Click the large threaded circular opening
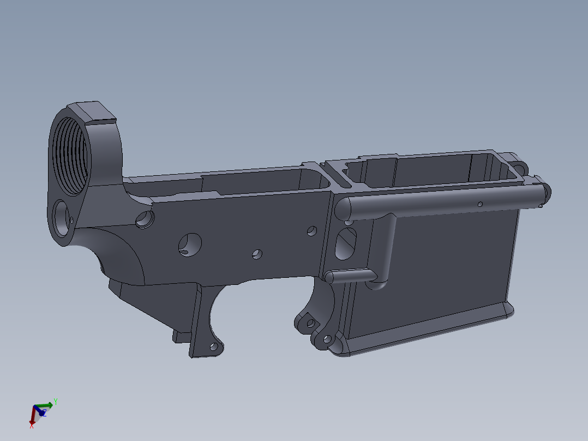[70, 155]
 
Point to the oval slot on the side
[345, 244]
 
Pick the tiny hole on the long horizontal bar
[480, 204]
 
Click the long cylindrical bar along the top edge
[436, 200]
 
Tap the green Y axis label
[56, 402]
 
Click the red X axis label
[32, 425]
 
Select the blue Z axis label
[44, 413]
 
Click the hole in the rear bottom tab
[214, 347]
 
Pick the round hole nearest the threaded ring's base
[145, 219]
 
